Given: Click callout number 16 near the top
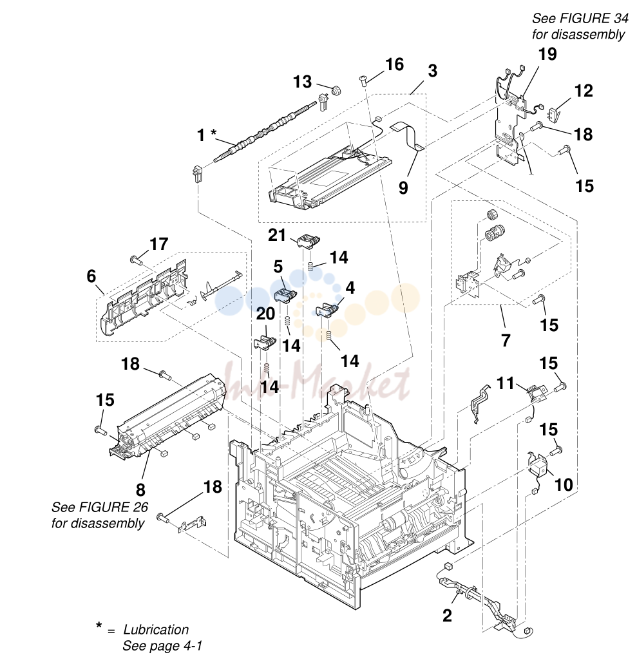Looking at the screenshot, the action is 395,65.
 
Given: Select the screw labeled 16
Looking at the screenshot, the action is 363,80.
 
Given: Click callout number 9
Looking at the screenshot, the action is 403,187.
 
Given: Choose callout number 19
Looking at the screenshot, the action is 547,54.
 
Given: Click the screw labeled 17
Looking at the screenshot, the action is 136,259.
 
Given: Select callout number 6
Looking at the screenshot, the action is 91,276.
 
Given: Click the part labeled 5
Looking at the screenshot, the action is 286,294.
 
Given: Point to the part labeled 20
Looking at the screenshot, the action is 265,342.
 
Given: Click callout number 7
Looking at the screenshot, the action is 506,341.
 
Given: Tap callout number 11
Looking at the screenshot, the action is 506,383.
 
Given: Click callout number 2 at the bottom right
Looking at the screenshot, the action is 447,616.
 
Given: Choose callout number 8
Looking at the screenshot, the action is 140,490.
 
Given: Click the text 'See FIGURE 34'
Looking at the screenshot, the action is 580,18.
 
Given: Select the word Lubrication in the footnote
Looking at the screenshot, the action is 156,629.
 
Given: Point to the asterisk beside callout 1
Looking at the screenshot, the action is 214,133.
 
